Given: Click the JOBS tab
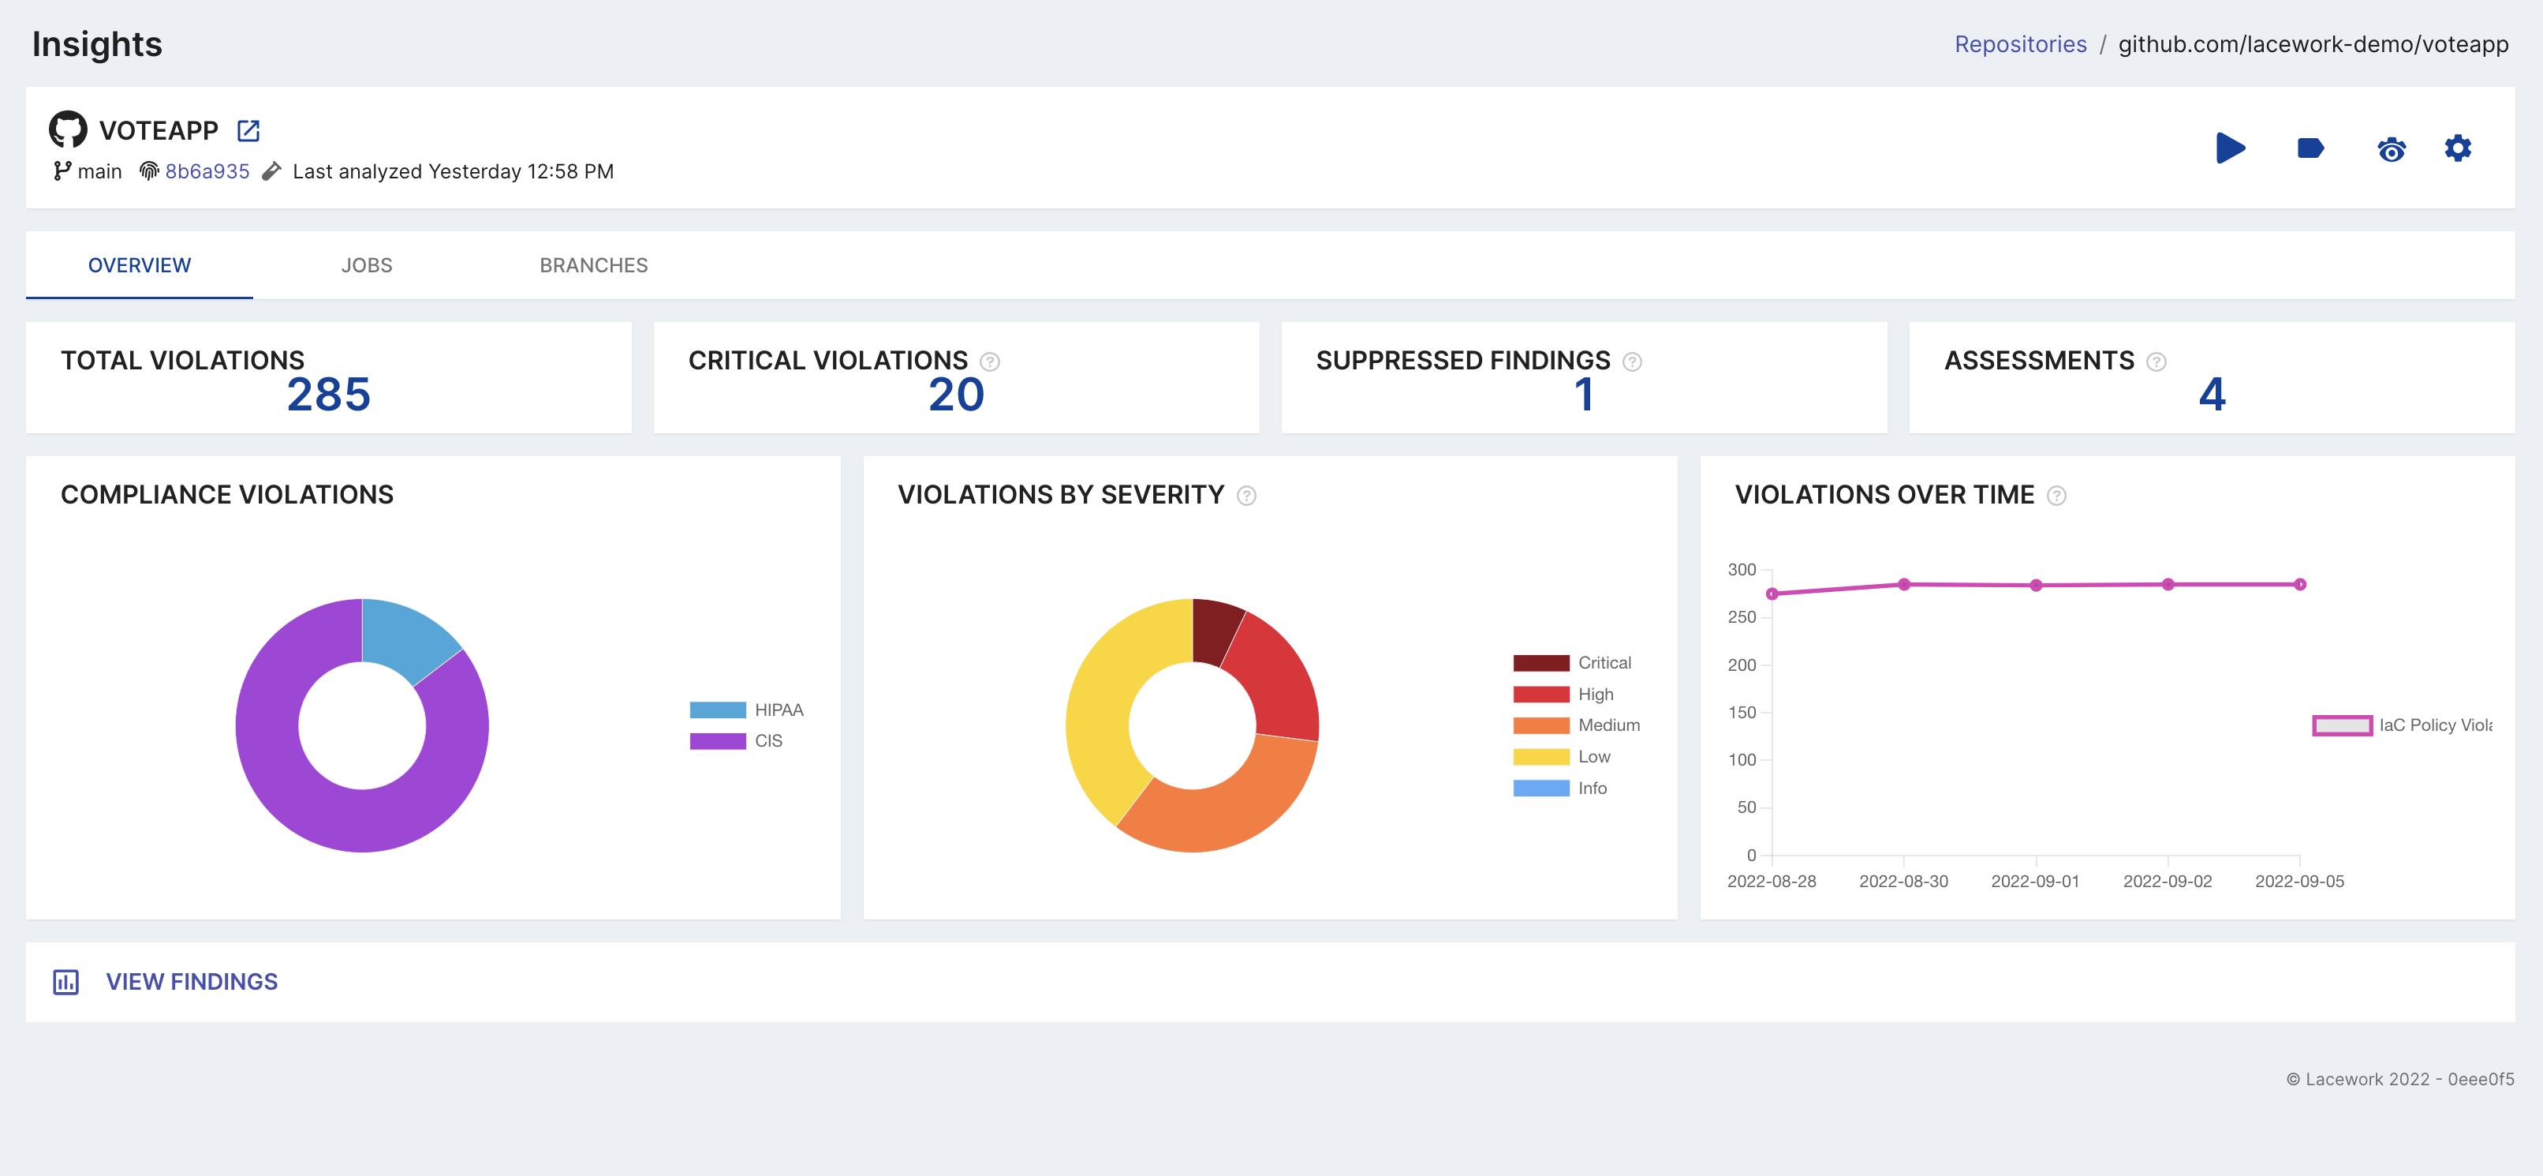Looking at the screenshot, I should pyautogui.click(x=366, y=266).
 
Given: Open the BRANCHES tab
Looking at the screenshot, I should pyautogui.click(x=593, y=266).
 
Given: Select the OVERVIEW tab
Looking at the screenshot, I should pyautogui.click(x=139, y=266).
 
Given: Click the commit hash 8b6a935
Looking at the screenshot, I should pyautogui.click(x=207, y=172).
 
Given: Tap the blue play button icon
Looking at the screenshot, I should pyautogui.click(x=2229, y=148).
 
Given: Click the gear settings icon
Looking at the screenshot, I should pyautogui.click(x=2457, y=148).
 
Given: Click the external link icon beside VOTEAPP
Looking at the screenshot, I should pyautogui.click(x=248, y=130).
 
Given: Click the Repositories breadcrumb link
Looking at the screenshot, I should pyautogui.click(x=2020, y=44).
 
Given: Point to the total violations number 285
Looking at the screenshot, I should pyautogui.click(x=328, y=394).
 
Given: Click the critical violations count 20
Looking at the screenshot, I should pyautogui.click(x=956, y=394).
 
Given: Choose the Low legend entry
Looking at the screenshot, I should pyautogui.click(x=1593, y=756).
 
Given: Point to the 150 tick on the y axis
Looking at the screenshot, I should pyautogui.click(x=1742, y=712).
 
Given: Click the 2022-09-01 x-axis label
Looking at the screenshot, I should pyautogui.click(x=2034, y=881).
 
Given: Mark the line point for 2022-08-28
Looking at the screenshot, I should pyautogui.click(x=1772, y=594).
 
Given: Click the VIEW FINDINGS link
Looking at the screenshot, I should pyautogui.click(x=192, y=982).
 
